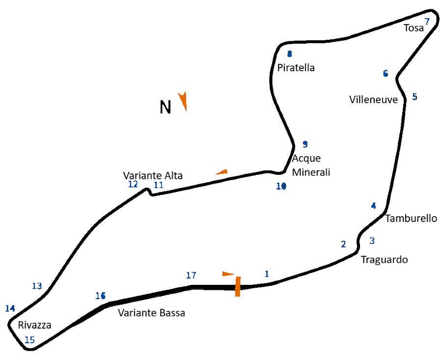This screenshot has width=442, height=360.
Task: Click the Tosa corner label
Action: pos(414,28)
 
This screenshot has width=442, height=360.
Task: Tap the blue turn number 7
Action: pos(427,22)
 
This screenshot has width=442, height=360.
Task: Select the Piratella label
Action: pos(296,68)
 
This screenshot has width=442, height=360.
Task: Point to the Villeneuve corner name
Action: pos(373,100)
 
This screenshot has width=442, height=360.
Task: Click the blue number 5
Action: pos(414,97)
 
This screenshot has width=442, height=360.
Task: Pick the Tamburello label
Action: pos(411,218)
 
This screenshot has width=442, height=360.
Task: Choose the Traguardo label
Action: pos(384,259)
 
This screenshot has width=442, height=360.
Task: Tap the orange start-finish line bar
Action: pos(238,286)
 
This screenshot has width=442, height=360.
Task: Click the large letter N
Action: pos(166,107)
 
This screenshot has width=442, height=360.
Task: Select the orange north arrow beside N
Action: pos(183,101)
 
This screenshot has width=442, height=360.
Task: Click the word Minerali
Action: pos(311,172)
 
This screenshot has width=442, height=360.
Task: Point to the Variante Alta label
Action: pos(153,176)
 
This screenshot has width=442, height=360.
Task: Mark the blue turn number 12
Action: pos(133,184)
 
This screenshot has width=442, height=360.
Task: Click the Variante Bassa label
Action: pos(151,313)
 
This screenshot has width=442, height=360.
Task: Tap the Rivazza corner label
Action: pos(34,325)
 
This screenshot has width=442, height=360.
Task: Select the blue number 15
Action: pos(29,340)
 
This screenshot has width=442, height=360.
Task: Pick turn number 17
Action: pos(191,275)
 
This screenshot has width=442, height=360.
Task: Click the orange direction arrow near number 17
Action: pos(228,274)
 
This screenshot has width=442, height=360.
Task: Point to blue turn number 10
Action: pos(281,186)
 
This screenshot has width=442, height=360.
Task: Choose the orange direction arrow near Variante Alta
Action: pos(222,172)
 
